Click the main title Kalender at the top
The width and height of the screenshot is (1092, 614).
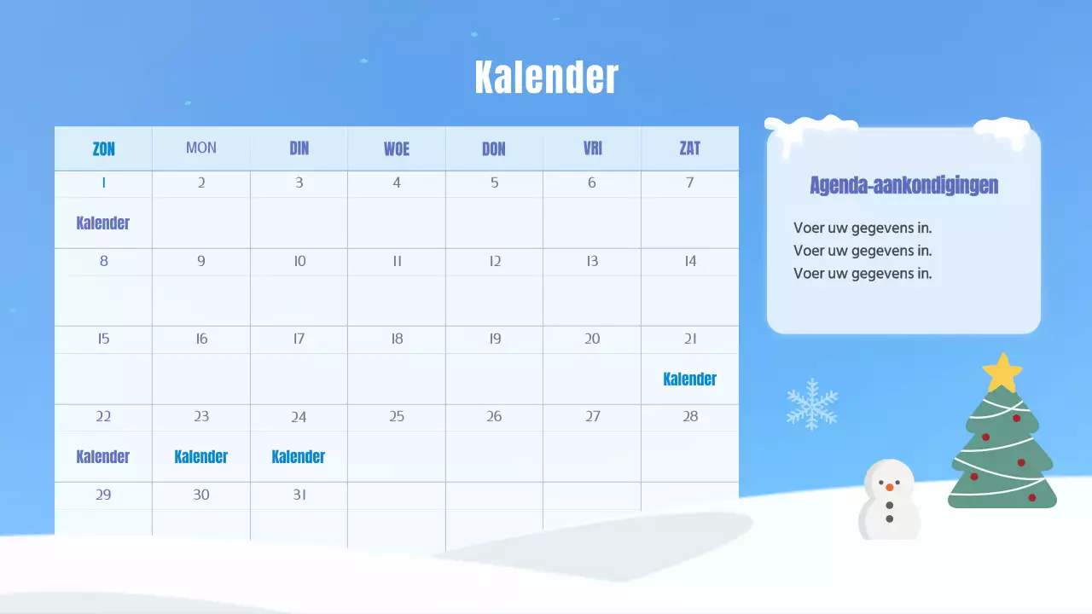[546, 78]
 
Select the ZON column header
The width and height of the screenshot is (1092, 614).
[103, 148]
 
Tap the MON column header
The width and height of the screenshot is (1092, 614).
[201, 148]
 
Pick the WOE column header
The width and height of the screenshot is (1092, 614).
[397, 148]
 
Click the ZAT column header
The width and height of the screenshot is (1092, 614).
[689, 148]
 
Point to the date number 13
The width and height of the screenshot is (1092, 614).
[592, 261]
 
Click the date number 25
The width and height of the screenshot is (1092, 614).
[397, 417]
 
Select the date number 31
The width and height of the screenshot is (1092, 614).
[299, 495]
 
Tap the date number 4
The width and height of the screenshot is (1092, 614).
[397, 182]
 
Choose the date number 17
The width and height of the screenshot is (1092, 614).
[299, 339]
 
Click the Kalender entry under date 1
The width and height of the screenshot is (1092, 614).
[103, 223]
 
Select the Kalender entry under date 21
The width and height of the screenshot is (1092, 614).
[689, 379]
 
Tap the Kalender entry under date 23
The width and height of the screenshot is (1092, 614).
[201, 456]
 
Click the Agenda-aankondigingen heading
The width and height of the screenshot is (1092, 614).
[903, 185]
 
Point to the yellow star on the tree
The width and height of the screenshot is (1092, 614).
[1002, 372]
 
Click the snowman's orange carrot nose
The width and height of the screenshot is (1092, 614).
[889, 487]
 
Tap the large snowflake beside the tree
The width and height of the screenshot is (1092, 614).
[812, 403]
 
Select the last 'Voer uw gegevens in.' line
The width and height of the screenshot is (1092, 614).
[863, 274]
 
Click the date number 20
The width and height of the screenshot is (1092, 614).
[592, 339]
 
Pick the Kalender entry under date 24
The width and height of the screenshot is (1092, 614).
[299, 456]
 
